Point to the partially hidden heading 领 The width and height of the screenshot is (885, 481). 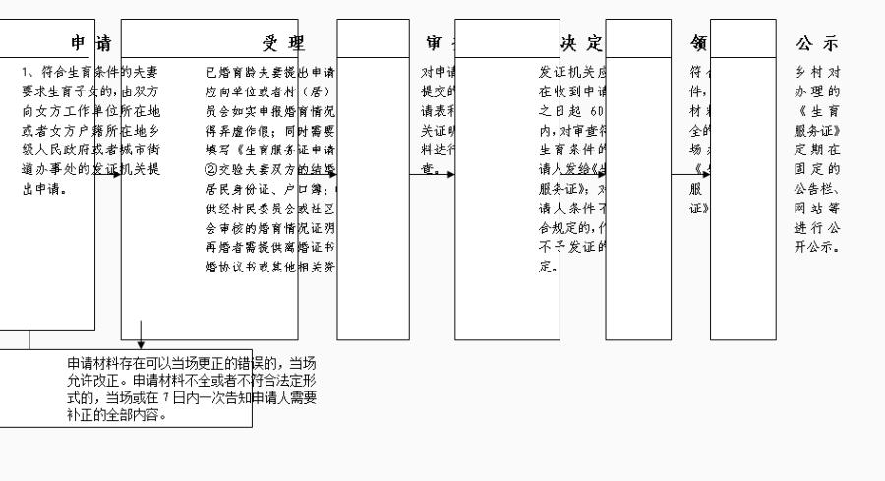pyautogui.click(x=699, y=43)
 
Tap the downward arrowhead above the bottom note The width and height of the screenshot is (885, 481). pyautogui.click(x=141, y=345)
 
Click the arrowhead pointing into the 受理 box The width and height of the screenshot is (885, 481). pyautogui.click(x=116, y=174)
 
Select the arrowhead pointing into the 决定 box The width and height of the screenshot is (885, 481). pyautogui.click(x=449, y=174)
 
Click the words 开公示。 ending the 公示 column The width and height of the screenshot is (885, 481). pyautogui.click(x=817, y=246)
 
